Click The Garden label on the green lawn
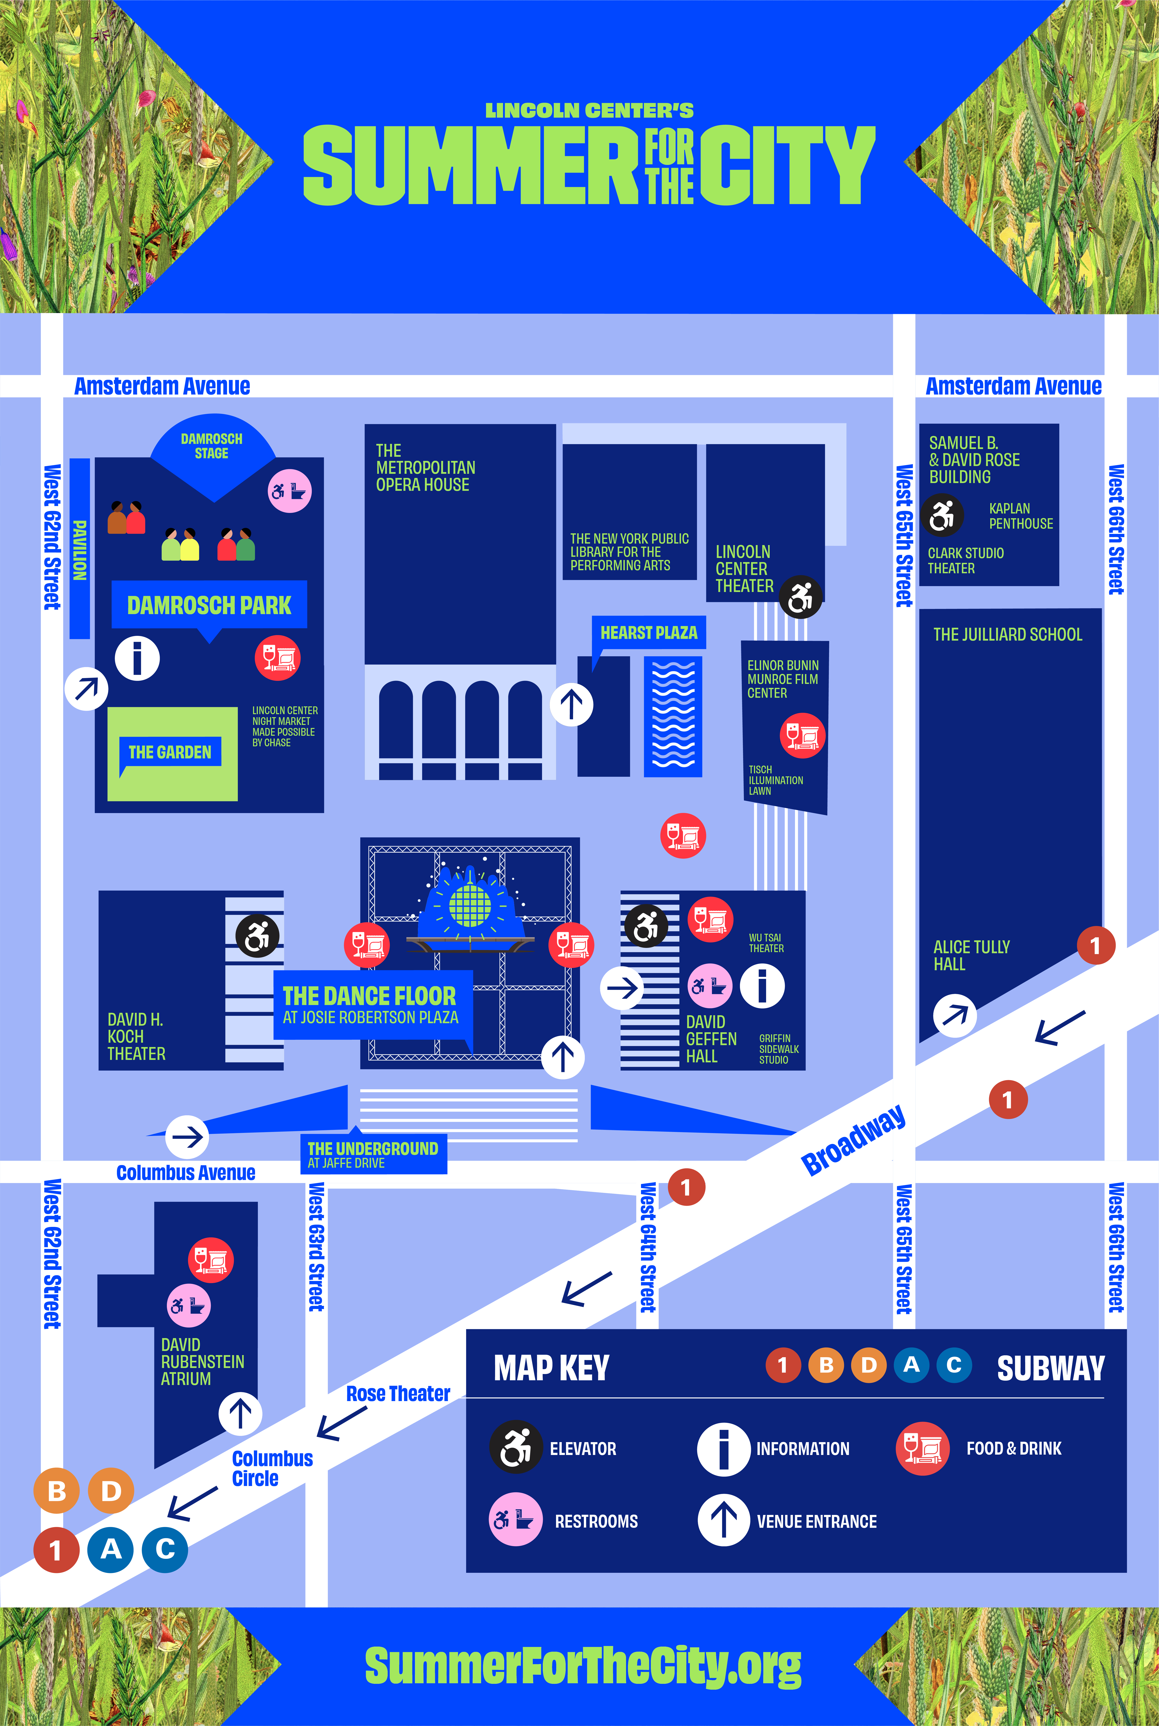[x=170, y=752]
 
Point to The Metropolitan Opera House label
[x=425, y=468]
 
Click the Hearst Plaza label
[x=648, y=632]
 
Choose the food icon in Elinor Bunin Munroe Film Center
[x=802, y=736]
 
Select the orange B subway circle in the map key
[x=826, y=1365]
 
